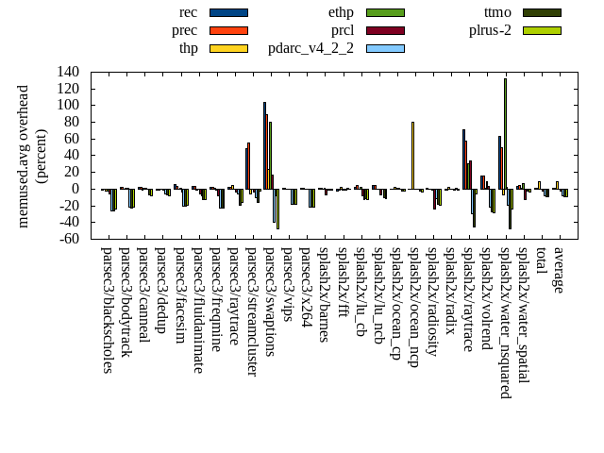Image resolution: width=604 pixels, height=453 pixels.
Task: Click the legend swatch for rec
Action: click(228, 12)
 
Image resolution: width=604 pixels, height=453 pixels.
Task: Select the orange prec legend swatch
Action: click(228, 30)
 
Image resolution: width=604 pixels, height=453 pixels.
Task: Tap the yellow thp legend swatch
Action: click(228, 48)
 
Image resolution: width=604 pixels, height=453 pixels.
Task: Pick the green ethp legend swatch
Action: click(385, 12)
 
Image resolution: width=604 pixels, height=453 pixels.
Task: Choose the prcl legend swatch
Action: click(385, 30)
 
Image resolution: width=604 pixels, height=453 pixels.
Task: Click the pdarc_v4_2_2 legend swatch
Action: click(385, 48)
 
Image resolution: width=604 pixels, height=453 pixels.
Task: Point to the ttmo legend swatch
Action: click(542, 12)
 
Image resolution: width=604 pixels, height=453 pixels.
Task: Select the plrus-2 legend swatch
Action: click(542, 30)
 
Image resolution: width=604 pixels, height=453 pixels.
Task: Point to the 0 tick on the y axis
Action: click(76, 189)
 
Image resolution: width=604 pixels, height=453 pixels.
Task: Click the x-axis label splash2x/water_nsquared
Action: click(506, 314)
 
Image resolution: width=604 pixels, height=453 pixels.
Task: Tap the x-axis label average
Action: click(560, 270)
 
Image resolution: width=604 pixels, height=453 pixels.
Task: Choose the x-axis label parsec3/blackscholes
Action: click(107, 310)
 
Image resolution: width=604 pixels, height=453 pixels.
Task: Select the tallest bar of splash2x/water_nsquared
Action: click(505, 133)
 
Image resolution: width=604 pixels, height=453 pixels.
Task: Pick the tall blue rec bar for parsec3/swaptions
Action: click(264, 145)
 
